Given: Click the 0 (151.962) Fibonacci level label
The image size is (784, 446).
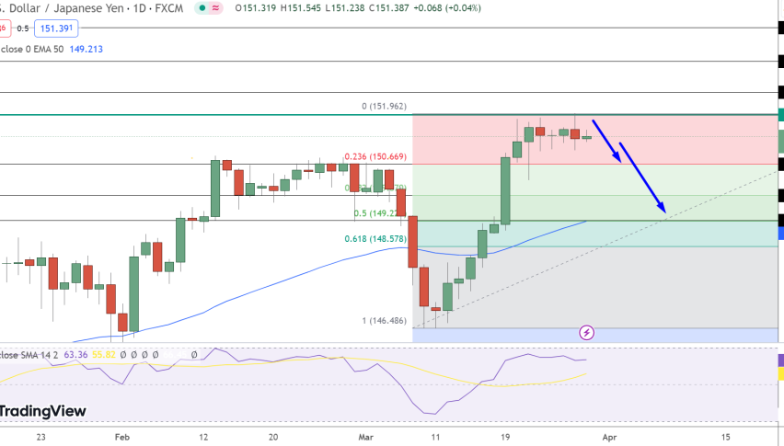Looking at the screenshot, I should (384, 107).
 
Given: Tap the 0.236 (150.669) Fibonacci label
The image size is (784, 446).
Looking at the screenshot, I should (375, 157).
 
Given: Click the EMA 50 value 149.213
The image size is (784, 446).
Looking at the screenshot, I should (86, 49).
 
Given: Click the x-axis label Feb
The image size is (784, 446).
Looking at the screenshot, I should (122, 437).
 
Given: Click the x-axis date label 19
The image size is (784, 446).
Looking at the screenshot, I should (504, 437).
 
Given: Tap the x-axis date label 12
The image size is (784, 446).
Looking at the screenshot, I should (203, 437).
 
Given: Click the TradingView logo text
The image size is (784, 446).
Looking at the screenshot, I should (43, 411).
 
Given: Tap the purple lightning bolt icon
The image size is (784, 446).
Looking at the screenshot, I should (586, 332).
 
